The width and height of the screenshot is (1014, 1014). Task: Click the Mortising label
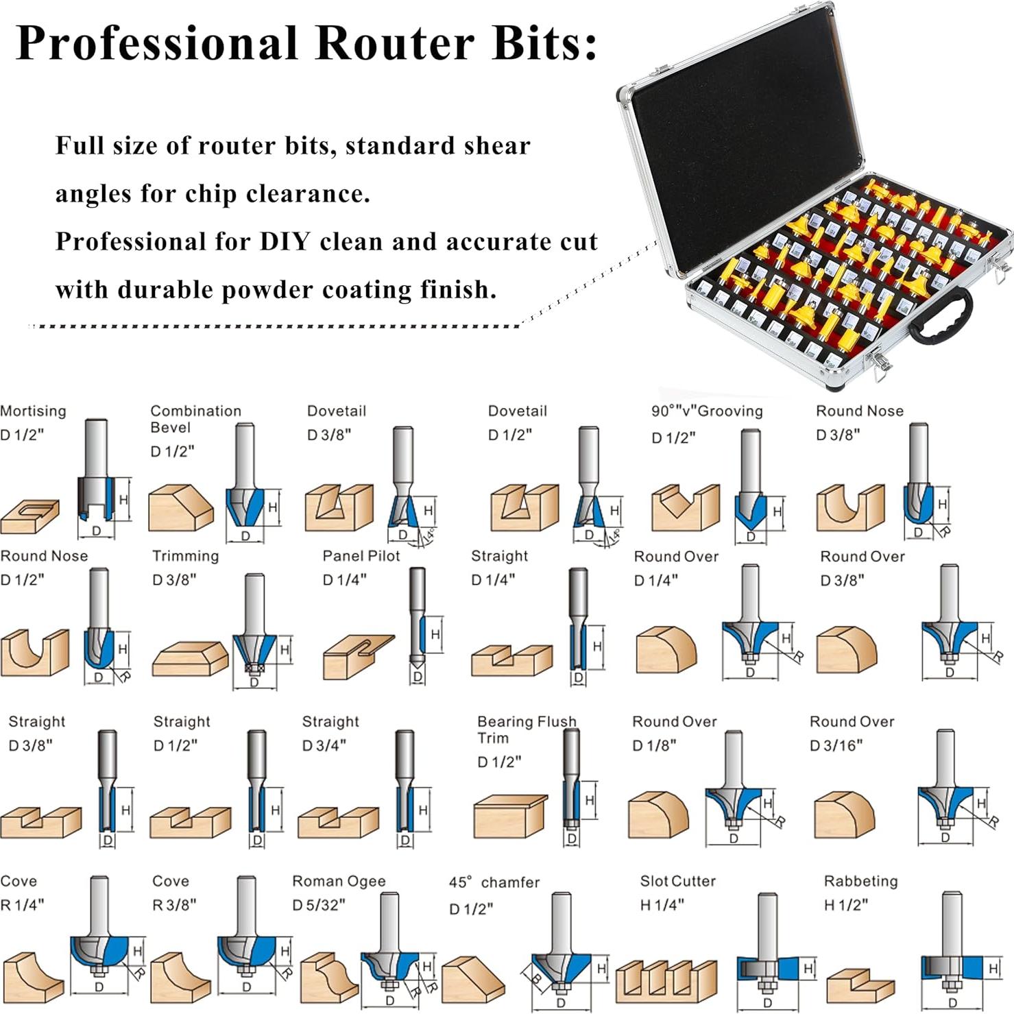33,411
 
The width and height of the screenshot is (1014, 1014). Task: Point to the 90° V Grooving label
706,411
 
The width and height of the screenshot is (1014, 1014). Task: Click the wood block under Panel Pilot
358,656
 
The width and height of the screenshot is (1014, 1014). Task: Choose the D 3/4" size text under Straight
324,745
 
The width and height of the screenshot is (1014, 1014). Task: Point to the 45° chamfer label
494,882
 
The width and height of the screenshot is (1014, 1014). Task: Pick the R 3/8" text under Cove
173,904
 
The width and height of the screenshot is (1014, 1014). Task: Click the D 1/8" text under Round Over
653,745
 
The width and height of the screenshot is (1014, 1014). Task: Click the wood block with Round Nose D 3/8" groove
849,507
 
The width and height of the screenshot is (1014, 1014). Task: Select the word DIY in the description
285,241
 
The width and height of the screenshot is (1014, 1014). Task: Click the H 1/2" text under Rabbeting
845,904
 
